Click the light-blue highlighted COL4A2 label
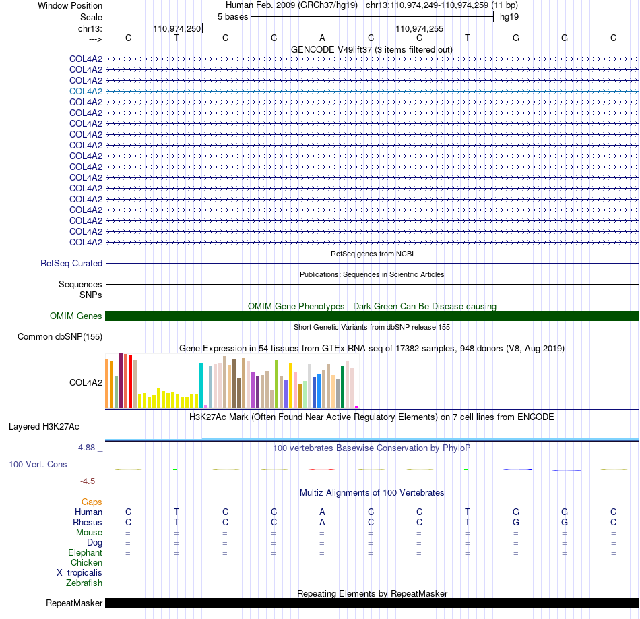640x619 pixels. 86,91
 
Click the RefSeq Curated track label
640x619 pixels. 71,263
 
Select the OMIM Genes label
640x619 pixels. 76,316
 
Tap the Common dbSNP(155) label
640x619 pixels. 60,336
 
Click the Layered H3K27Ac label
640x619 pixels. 44,427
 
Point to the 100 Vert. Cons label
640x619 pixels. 38,464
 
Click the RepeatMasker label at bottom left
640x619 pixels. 74,603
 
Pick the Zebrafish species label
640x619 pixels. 84,583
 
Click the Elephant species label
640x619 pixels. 86,552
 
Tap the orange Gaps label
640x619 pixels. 92,502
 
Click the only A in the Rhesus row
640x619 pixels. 322,522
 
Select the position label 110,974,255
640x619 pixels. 419,28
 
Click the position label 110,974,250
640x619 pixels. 177,28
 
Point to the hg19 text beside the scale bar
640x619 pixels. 509,17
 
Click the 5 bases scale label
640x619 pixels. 232,17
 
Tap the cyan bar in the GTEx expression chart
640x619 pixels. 201,385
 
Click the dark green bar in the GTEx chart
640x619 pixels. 343,387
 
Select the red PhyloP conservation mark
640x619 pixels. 322,469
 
